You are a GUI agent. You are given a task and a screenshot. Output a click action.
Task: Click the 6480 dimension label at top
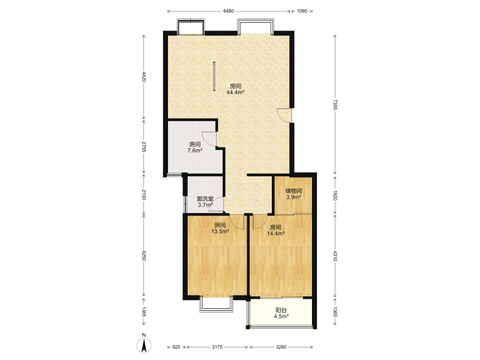tap(229, 11)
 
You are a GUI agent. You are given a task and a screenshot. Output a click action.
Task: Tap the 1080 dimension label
tap(302, 11)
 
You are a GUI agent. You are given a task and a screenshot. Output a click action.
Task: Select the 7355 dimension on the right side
tap(335, 104)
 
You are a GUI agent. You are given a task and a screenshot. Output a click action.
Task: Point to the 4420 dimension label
tap(144, 77)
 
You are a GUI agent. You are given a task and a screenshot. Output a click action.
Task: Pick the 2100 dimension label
tap(144, 194)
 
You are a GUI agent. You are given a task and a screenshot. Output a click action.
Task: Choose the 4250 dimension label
tap(144, 256)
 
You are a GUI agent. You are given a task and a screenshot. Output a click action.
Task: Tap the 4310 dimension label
tap(335, 256)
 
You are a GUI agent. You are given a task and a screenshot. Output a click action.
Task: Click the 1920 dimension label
tap(335, 196)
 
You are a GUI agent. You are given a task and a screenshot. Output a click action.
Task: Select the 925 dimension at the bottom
tap(176, 347)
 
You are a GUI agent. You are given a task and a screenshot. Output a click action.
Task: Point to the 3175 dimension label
tap(217, 347)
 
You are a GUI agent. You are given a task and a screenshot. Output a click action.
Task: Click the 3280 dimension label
tap(281, 347)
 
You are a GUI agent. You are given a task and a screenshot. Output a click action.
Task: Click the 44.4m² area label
tap(235, 92)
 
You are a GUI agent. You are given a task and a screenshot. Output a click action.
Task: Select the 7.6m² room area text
tap(194, 151)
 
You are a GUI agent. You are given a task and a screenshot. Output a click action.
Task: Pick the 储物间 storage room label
tap(293, 191)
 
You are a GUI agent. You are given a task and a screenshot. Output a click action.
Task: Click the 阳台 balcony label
tap(281, 310)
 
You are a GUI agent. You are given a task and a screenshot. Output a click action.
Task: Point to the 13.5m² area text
tap(220, 232)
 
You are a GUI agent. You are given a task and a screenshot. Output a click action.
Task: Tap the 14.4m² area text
tap(276, 233)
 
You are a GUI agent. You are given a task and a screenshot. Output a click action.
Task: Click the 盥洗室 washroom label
tap(205, 199)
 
